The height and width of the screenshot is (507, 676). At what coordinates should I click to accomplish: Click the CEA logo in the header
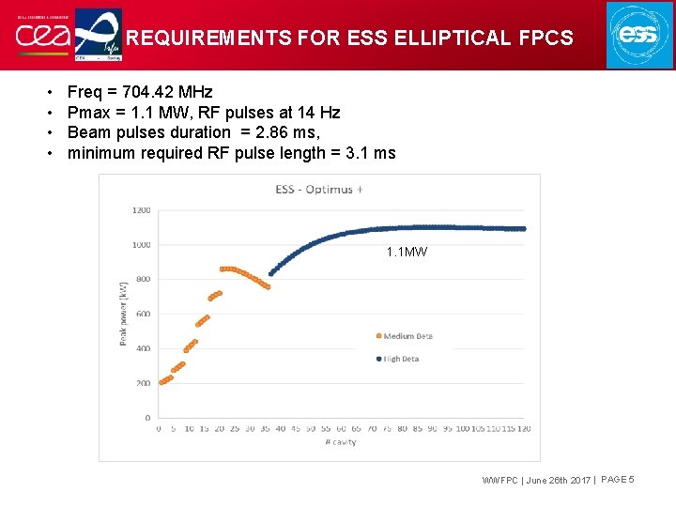click(x=38, y=36)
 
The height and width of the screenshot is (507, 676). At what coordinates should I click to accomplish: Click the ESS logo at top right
click(x=639, y=35)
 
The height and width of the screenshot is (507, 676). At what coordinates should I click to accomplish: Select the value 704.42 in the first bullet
click(x=154, y=92)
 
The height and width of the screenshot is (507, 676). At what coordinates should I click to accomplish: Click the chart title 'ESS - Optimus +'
click(x=319, y=189)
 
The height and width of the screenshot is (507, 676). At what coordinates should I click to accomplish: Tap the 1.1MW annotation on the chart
click(x=407, y=252)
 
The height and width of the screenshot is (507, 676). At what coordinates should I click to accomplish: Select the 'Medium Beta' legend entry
click(x=407, y=336)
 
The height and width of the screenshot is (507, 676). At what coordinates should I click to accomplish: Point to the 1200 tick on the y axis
click(x=141, y=210)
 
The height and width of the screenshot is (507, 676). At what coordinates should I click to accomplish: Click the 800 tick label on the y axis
click(x=143, y=279)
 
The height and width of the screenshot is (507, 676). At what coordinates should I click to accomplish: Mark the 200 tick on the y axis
click(x=143, y=383)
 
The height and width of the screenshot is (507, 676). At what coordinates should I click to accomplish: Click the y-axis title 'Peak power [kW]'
click(x=123, y=314)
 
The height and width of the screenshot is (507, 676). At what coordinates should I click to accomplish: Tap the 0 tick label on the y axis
click(x=147, y=418)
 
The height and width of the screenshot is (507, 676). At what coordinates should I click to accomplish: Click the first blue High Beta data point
click(x=270, y=273)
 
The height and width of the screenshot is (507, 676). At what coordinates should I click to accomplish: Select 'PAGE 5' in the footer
click(x=618, y=481)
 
